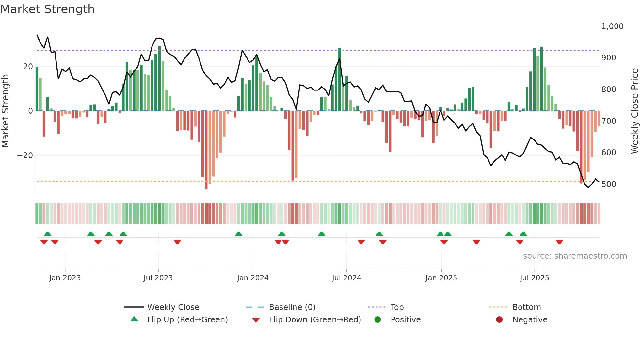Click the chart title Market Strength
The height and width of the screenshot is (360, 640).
pos(47,9)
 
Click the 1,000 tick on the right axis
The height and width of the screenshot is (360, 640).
pos(612,26)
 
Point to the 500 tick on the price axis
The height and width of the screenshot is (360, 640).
pos(609,184)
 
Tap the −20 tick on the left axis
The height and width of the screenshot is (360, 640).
pos(25,155)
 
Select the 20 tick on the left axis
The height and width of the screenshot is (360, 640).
pos(28,67)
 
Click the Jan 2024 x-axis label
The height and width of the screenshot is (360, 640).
pos(253,278)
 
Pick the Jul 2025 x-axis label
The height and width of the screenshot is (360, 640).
pos(534,278)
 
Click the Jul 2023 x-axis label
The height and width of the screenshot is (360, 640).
pos(158,278)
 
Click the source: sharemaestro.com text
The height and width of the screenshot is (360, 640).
pos(575,256)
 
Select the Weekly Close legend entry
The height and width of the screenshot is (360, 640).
pos(173,307)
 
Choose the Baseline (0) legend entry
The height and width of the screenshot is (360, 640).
pos(292,307)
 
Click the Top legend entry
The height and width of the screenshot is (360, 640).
pos(397,307)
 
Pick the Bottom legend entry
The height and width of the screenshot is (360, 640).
pos(526,307)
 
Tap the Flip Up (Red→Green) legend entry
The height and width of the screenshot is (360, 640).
pos(187,320)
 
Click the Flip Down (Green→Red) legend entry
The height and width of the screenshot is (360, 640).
pos(314,320)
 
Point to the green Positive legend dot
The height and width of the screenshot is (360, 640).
pos(377,320)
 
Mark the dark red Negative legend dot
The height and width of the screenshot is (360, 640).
pos(499,320)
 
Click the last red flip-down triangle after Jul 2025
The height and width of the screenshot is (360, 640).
pos(559,242)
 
